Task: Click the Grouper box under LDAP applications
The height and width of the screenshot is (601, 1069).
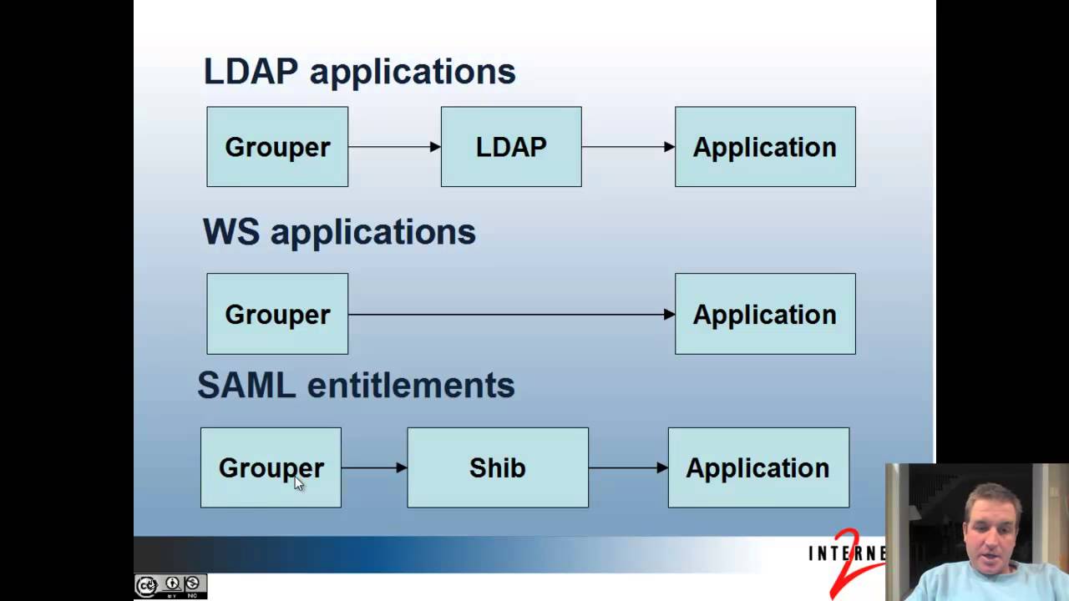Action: (x=277, y=147)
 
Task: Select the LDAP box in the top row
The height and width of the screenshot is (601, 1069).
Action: (x=511, y=147)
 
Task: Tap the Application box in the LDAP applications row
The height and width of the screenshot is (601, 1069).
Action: (x=765, y=147)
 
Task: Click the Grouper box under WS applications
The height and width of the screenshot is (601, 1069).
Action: (x=277, y=314)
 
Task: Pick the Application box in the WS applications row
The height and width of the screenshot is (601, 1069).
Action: (x=765, y=314)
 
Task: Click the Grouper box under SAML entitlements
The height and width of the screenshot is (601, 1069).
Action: (x=271, y=467)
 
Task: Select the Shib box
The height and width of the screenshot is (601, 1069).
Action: (x=498, y=467)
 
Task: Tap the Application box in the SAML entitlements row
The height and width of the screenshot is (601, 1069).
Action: (x=758, y=467)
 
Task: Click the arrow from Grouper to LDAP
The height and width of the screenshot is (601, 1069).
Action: (x=394, y=147)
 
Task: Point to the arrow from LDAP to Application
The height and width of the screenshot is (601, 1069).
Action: (x=628, y=147)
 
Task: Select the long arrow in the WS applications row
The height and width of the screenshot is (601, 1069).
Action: (x=511, y=315)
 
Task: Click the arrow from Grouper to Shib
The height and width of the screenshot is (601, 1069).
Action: (x=374, y=467)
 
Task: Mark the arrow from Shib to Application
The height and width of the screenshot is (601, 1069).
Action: (x=628, y=467)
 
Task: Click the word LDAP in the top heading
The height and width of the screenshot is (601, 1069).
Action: (x=251, y=72)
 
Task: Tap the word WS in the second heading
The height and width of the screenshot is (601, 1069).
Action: (x=231, y=232)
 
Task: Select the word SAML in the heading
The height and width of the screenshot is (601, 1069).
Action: (x=246, y=386)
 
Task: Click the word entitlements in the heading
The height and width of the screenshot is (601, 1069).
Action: (x=411, y=386)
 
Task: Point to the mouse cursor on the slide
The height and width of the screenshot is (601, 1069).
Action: (x=299, y=483)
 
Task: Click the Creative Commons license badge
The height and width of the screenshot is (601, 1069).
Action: (x=170, y=585)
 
